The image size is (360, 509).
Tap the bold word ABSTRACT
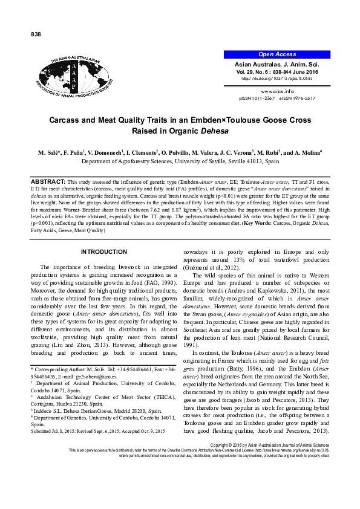pyautogui.click(x=47, y=164)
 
